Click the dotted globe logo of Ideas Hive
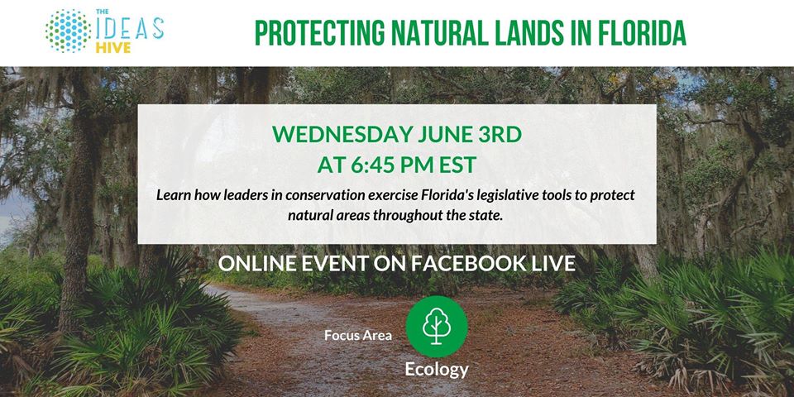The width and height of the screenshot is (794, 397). (x=69, y=31)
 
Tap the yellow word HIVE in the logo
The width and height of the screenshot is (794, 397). (x=113, y=48)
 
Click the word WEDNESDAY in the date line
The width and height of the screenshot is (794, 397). (x=342, y=135)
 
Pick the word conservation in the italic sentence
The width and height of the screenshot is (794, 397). (x=296, y=195)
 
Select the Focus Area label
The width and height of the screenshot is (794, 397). (x=358, y=335)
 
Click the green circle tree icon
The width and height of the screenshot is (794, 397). (x=437, y=327)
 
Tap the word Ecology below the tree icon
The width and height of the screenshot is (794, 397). (x=437, y=371)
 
